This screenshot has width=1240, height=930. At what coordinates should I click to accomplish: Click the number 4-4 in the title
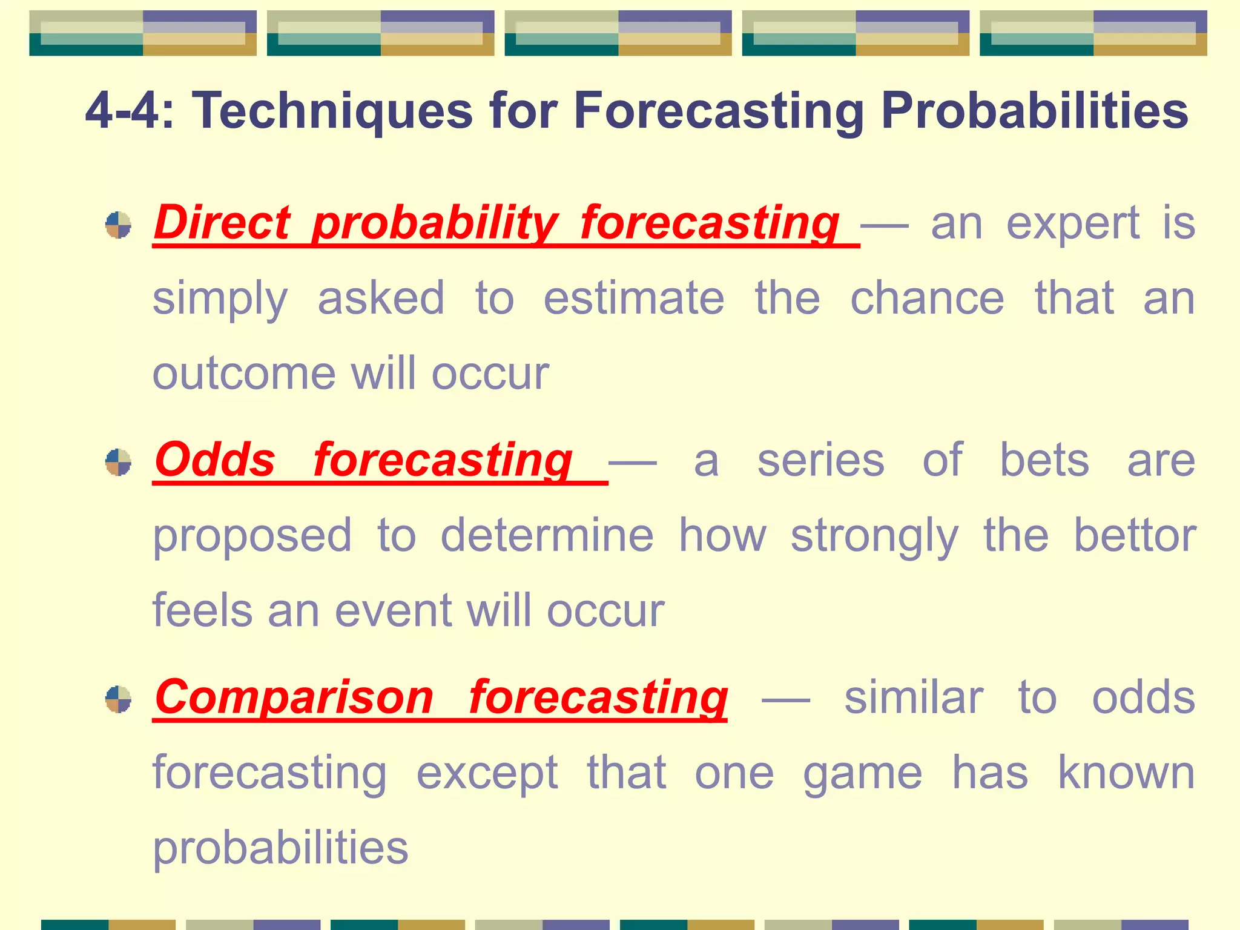pos(129,111)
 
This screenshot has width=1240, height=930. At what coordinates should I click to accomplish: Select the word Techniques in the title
pos(332,111)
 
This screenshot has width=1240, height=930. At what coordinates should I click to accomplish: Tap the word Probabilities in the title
pos(1034,111)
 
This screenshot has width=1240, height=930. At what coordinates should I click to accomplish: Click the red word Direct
pos(222,223)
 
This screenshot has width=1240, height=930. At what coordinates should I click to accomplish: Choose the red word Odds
pos(215,460)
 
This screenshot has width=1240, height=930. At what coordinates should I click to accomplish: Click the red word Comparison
pos(294,697)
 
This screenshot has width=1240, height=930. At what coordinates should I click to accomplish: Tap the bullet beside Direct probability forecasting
pos(118,225)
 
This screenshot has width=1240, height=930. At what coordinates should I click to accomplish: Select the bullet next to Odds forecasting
pos(118,462)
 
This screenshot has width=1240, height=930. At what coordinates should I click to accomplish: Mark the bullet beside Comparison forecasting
pos(118,699)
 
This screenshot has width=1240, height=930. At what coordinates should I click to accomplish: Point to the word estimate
pos(633,298)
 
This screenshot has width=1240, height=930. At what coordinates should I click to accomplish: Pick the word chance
pos(927,298)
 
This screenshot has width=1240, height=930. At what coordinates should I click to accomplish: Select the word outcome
pos(244,374)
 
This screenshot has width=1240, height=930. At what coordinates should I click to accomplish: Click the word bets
pos(1044,460)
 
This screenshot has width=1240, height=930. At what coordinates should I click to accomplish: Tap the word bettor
pos(1135,535)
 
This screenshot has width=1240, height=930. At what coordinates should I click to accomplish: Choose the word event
pos(394,610)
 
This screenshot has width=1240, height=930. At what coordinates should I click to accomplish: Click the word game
pos(862,774)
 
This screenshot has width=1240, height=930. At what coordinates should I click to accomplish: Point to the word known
pos(1126,773)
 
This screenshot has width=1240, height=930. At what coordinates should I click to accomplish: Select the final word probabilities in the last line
pos(280,848)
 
